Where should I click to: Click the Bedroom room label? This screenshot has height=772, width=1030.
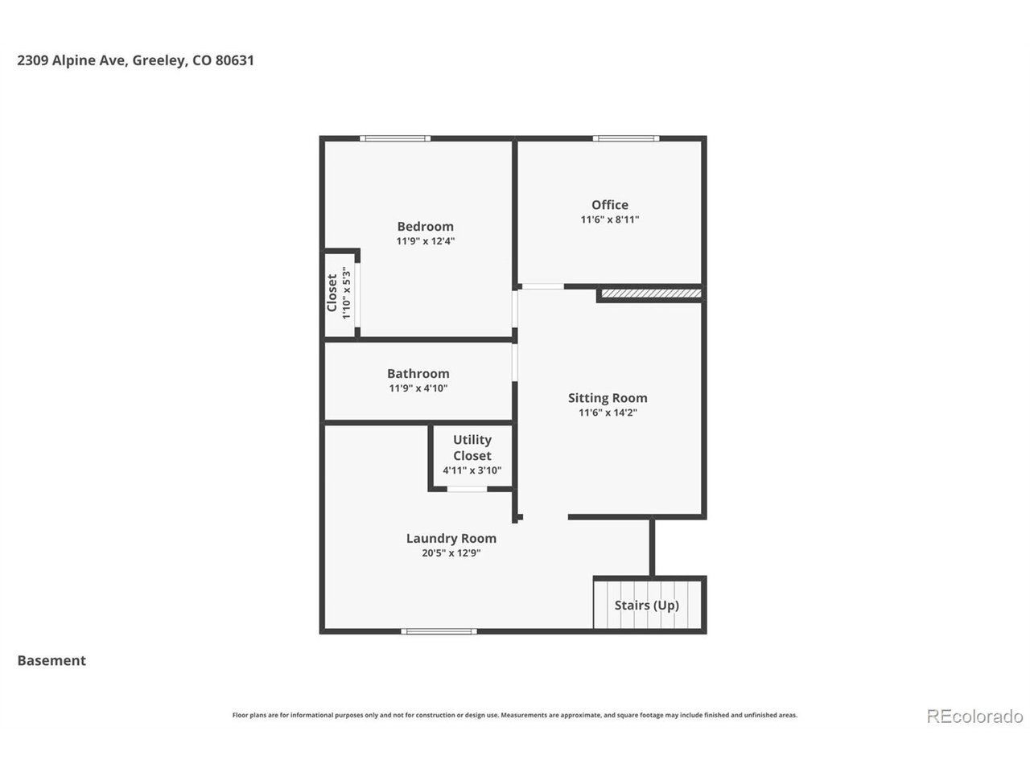tap(425, 227)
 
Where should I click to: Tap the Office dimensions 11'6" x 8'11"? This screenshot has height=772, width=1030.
tap(610, 220)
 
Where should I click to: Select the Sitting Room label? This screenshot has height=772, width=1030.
tap(608, 398)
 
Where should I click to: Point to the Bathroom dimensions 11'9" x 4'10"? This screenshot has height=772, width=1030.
tap(418, 388)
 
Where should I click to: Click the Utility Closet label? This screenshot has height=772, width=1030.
tap(472, 448)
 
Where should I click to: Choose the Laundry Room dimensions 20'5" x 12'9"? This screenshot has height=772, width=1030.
tap(451, 552)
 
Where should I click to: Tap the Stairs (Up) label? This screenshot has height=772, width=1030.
tap(647, 605)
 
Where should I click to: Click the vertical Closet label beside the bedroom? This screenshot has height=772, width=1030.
tap(332, 293)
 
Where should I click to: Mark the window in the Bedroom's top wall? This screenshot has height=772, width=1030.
tap(395, 138)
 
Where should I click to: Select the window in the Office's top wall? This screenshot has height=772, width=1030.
tap(626, 138)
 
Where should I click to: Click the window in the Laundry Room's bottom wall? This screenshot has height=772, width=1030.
tap(439, 631)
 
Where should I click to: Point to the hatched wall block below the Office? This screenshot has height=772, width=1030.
tap(651, 294)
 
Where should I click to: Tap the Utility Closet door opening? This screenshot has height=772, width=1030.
tap(467, 489)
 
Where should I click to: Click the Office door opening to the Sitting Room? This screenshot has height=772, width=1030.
tap(543, 286)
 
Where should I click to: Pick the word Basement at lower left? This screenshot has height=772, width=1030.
tap(51, 660)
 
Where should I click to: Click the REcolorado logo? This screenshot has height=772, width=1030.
tap(974, 717)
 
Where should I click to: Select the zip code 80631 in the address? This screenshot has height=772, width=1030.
tap(235, 60)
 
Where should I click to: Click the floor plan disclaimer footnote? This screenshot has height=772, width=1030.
tap(515, 715)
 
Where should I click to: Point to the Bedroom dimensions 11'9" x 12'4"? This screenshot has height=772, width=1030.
tap(425, 241)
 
